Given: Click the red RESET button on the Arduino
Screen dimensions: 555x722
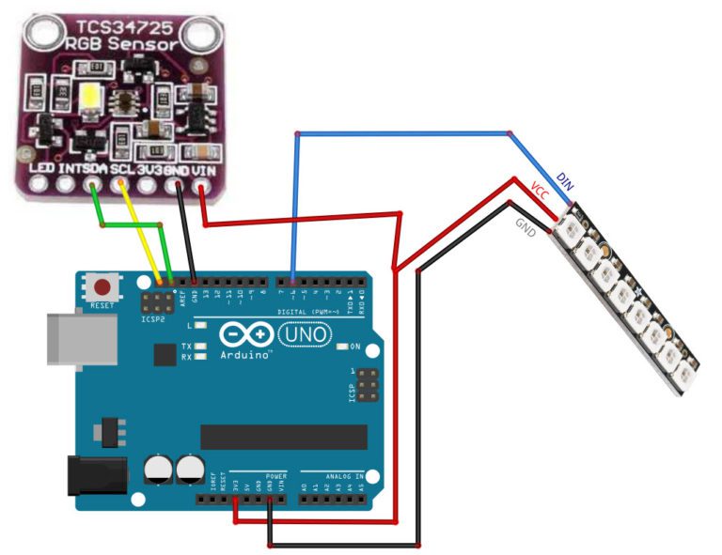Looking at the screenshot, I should pyautogui.click(x=102, y=285).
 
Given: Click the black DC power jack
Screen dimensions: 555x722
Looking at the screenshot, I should pyautogui.click(x=97, y=477).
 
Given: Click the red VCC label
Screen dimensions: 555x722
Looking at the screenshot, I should pyautogui.click(x=540, y=190).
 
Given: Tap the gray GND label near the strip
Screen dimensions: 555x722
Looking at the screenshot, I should pyautogui.click(x=525, y=226).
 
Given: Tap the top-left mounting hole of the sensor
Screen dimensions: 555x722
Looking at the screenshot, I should pyautogui.click(x=40, y=35).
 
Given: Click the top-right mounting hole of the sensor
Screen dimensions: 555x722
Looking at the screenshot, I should pyautogui.click(x=197, y=36).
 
